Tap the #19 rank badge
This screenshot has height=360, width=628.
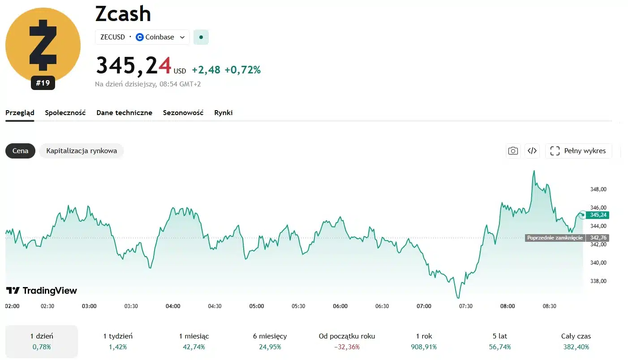43,83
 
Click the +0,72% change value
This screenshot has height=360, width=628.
242,70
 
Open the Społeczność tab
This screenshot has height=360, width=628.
65,113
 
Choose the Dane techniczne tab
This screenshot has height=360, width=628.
124,113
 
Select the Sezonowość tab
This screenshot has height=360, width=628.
183,113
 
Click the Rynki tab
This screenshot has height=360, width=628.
223,113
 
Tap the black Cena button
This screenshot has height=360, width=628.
20,151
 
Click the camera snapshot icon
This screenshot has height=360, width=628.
513,151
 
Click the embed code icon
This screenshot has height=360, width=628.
532,151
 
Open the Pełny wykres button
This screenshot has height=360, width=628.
578,151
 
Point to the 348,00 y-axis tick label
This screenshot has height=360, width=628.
598,189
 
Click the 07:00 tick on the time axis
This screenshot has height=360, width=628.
424,306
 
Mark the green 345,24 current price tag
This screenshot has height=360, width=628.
598,215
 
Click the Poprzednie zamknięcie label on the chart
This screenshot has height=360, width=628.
555,238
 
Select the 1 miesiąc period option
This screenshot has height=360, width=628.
194,341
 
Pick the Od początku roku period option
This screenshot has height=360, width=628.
347,341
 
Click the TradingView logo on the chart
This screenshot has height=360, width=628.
42,291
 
